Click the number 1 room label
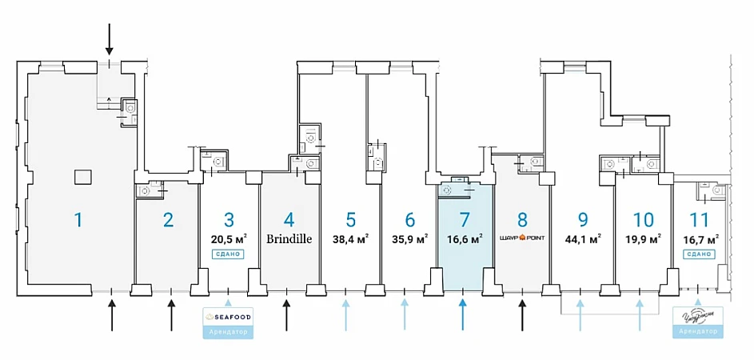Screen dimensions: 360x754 coord(78,219)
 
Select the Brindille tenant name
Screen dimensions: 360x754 coord(288,238)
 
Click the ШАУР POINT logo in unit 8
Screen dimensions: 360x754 coord(523,238)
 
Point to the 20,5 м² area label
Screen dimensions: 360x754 coord(229,238)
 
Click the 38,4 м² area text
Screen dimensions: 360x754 coord(350,238)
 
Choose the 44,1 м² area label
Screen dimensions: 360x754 coord(583,238)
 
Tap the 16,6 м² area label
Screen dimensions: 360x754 coord(464,238)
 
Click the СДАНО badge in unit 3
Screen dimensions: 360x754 coord(228,254)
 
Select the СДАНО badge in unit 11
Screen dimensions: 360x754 coord(699,254)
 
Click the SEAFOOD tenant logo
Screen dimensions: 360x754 coord(229,318)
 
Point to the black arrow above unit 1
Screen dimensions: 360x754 coord(110,38)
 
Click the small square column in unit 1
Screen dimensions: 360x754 coord(80,176)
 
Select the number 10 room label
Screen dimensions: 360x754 coord(643,219)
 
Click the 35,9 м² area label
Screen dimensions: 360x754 coord(410,238)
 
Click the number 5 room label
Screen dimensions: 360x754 coord(350,219)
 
